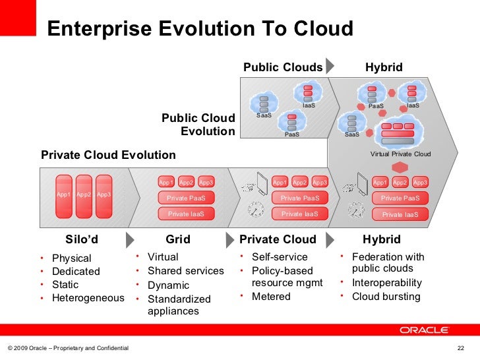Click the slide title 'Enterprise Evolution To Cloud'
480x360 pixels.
200,30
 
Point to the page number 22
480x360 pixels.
461,348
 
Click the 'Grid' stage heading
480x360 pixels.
178,239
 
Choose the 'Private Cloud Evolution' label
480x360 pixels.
108,156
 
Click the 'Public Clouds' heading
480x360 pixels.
283,67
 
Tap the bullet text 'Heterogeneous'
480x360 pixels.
88,298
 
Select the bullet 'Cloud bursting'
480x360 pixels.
386,297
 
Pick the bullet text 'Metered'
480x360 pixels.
271,297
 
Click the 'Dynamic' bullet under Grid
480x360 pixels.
168,285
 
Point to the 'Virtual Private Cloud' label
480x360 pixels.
400,154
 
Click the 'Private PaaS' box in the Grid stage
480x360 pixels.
186,198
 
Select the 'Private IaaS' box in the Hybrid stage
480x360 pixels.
400,214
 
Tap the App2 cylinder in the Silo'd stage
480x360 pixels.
84,195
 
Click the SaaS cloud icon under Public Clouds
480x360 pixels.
264,104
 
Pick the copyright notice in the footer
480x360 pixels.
68,348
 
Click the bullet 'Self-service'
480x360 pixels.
280,257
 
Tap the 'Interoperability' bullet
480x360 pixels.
387,283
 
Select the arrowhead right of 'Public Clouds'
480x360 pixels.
331,67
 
